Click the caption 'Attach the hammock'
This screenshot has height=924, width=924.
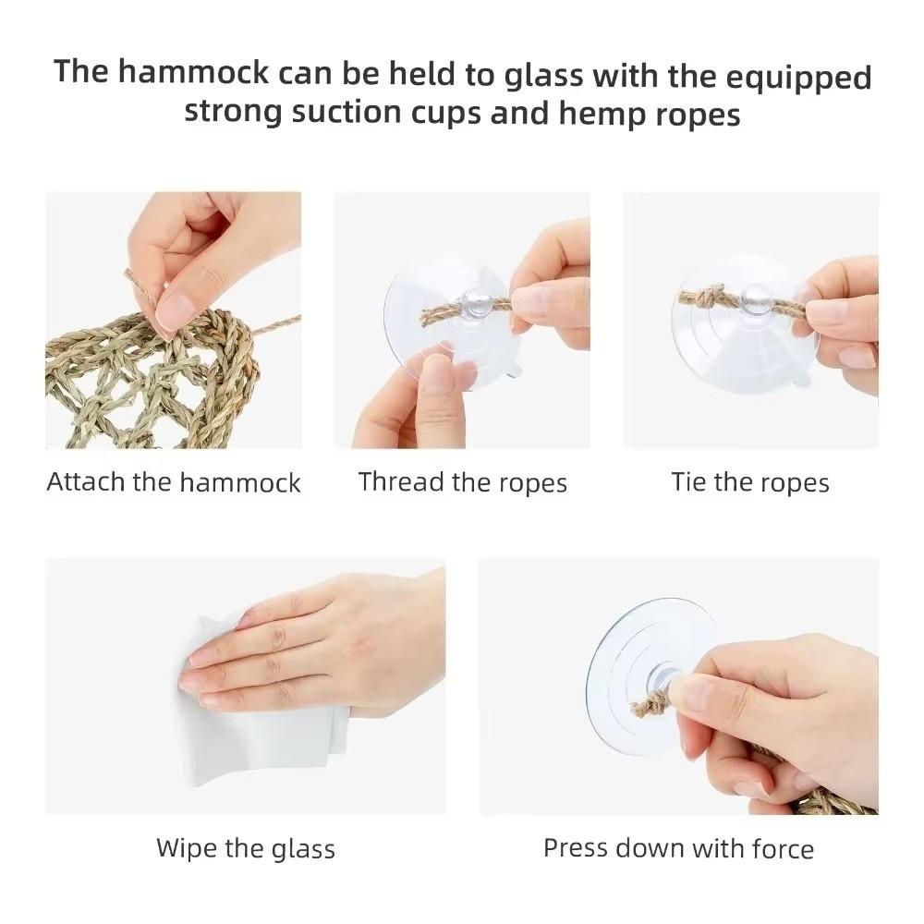click(174, 482)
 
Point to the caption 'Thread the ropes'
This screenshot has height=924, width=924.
click(462, 482)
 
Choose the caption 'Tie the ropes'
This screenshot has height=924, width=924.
click(750, 482)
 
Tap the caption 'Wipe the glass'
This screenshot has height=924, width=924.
click(245, 848)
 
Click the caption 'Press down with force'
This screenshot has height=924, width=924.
click(678, 848)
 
